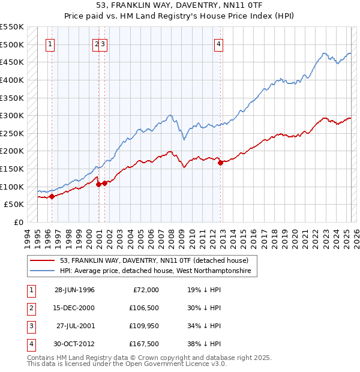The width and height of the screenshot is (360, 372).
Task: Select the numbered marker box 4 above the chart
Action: (220, 43)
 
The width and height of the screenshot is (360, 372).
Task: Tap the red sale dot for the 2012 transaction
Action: (220, 163)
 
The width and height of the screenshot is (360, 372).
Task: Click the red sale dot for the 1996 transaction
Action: (52, 196)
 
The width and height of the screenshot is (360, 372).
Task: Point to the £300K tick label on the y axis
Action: (12, 115)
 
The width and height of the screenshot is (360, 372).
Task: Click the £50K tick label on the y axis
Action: (14, 205)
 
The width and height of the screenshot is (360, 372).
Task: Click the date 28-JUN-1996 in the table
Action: (74, 290)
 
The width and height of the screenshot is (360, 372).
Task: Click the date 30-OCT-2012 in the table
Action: (74, 344)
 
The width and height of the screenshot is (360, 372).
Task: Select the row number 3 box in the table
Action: (31, 326)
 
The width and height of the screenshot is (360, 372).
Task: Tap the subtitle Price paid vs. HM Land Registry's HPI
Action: (179, 16)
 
